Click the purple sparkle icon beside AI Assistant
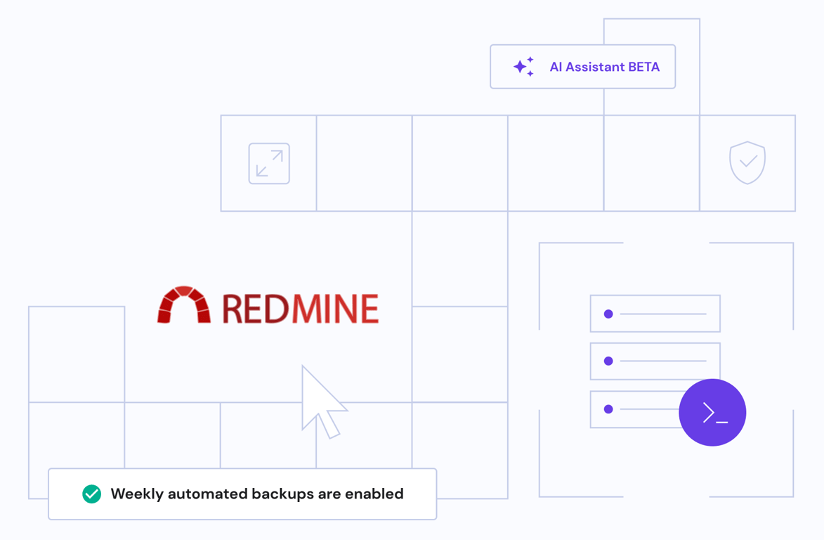pos(523,67)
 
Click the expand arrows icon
pos(269,164)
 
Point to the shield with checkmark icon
pos(747,162)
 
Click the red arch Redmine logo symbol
pos(184,305)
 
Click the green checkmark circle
pos(92,494)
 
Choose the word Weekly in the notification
pos(137,494)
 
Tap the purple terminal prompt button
pos(712,413)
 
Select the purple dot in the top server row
pos(608,314)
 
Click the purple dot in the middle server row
pos(608,361)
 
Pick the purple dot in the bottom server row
pos(608,409)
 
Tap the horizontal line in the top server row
pos(662,314)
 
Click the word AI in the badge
pos(556,67)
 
